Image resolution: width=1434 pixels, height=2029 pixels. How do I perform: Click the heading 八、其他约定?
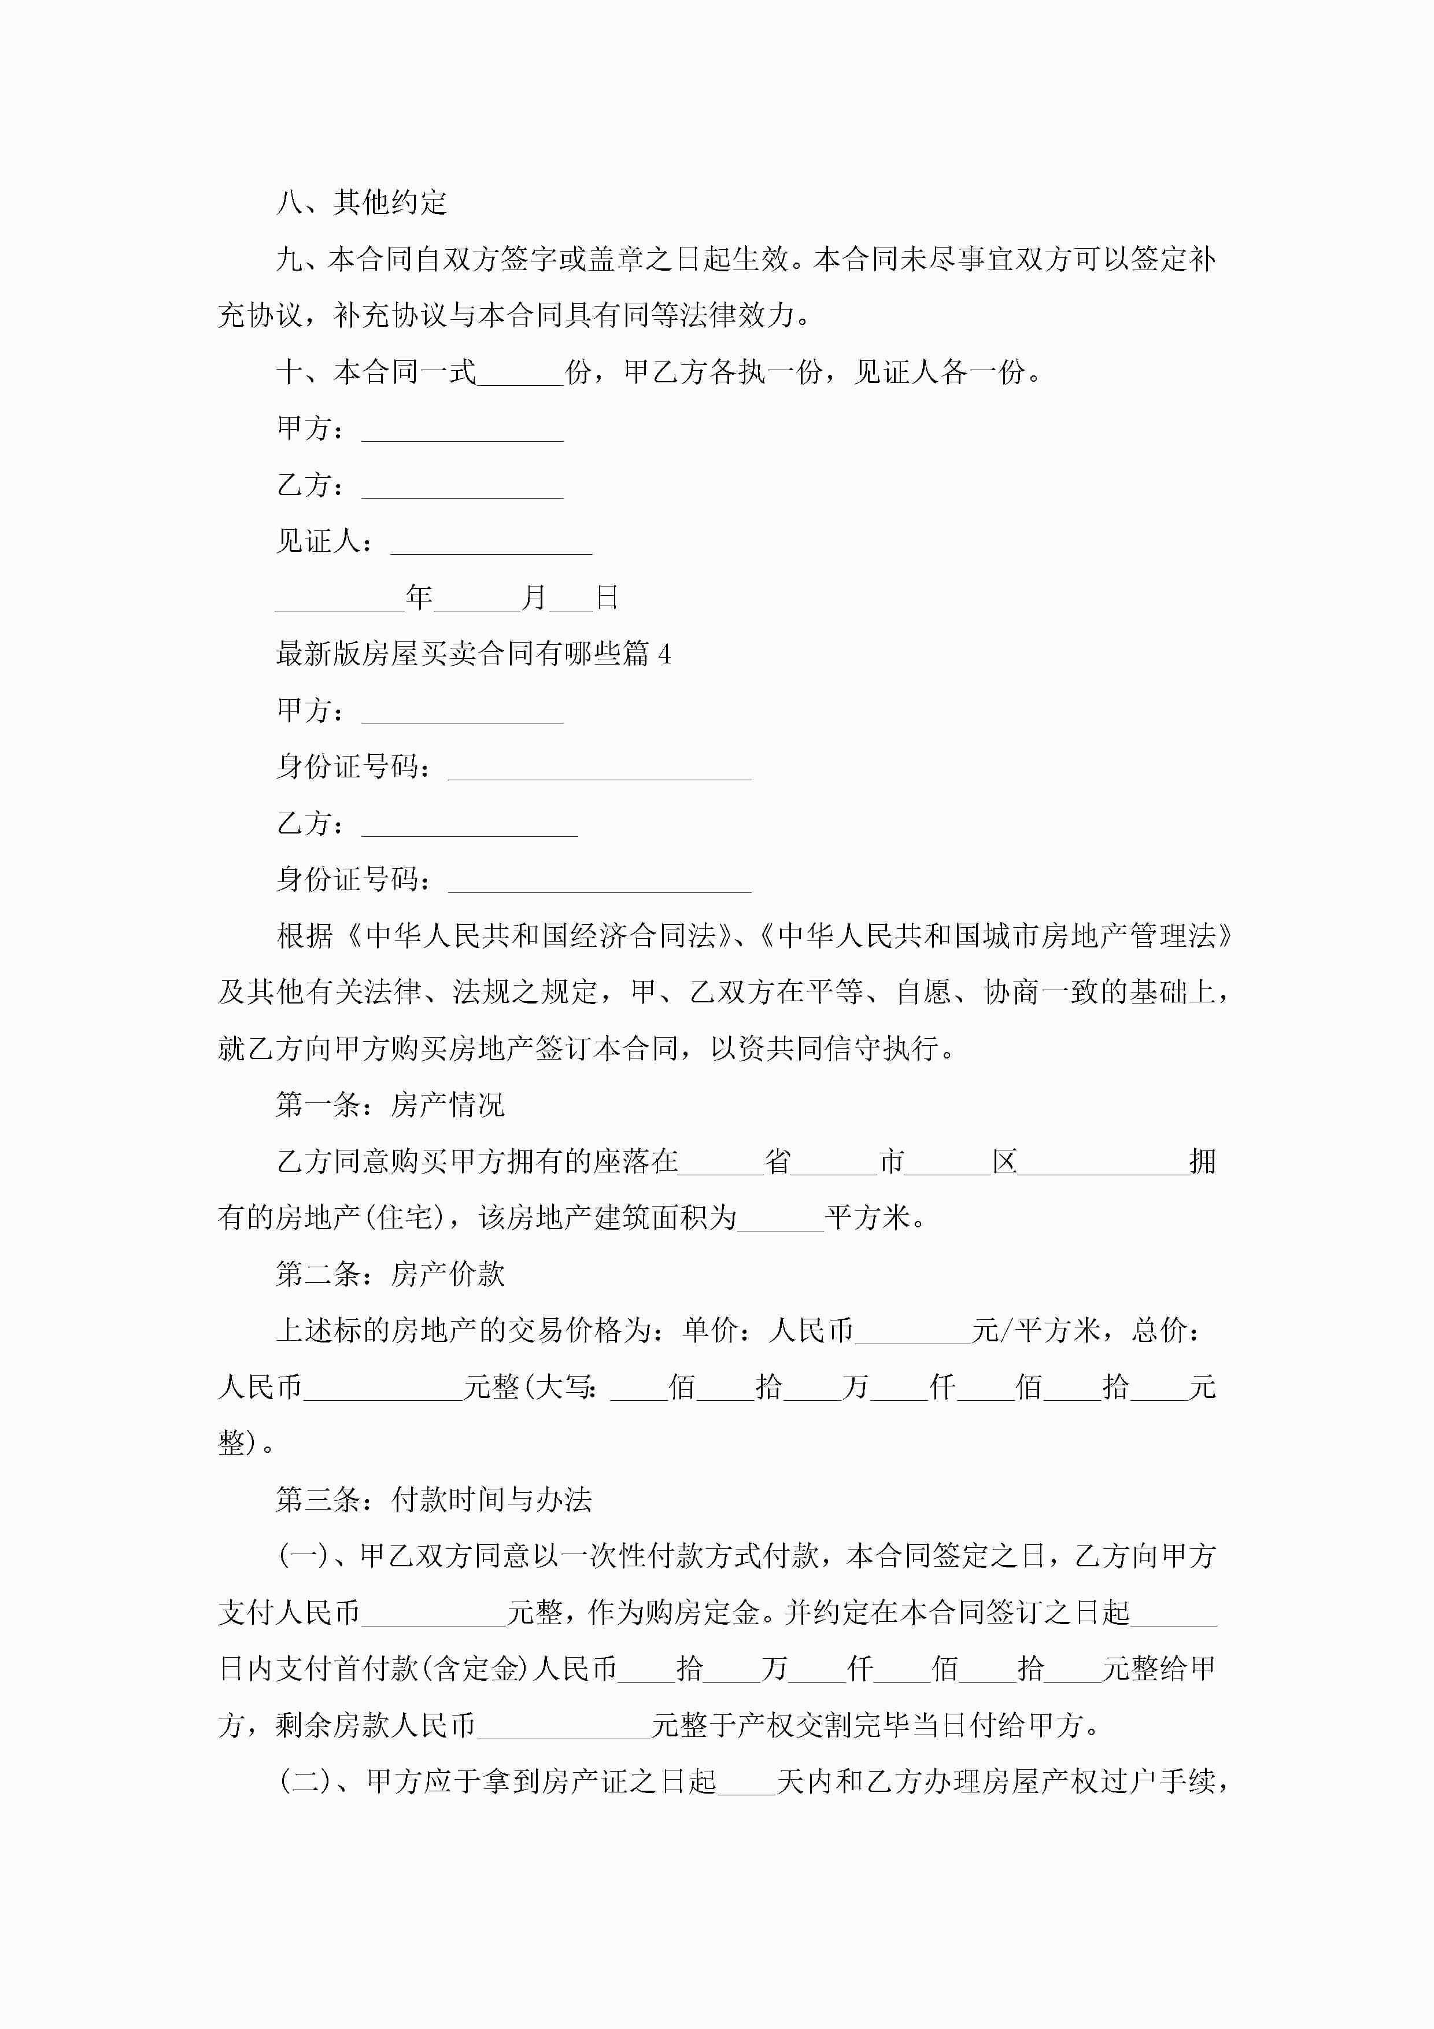coord(361,202)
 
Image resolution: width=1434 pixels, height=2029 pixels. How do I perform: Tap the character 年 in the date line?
coord(419,598)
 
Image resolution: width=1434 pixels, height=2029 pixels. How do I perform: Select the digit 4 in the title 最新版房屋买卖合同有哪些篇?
coord(664,655)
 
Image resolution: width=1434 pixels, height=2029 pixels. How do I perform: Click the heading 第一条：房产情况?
coord(390,1105)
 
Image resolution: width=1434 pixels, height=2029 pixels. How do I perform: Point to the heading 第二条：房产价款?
coord(390,1274)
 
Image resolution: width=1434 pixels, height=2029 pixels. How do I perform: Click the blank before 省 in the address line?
coord(721,1163)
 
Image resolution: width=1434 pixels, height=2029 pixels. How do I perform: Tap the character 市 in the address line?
coord(892,1161)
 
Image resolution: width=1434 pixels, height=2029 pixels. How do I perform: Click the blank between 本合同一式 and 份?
coord(520,373)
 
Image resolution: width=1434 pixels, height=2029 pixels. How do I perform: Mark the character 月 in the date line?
coord(534,598)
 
